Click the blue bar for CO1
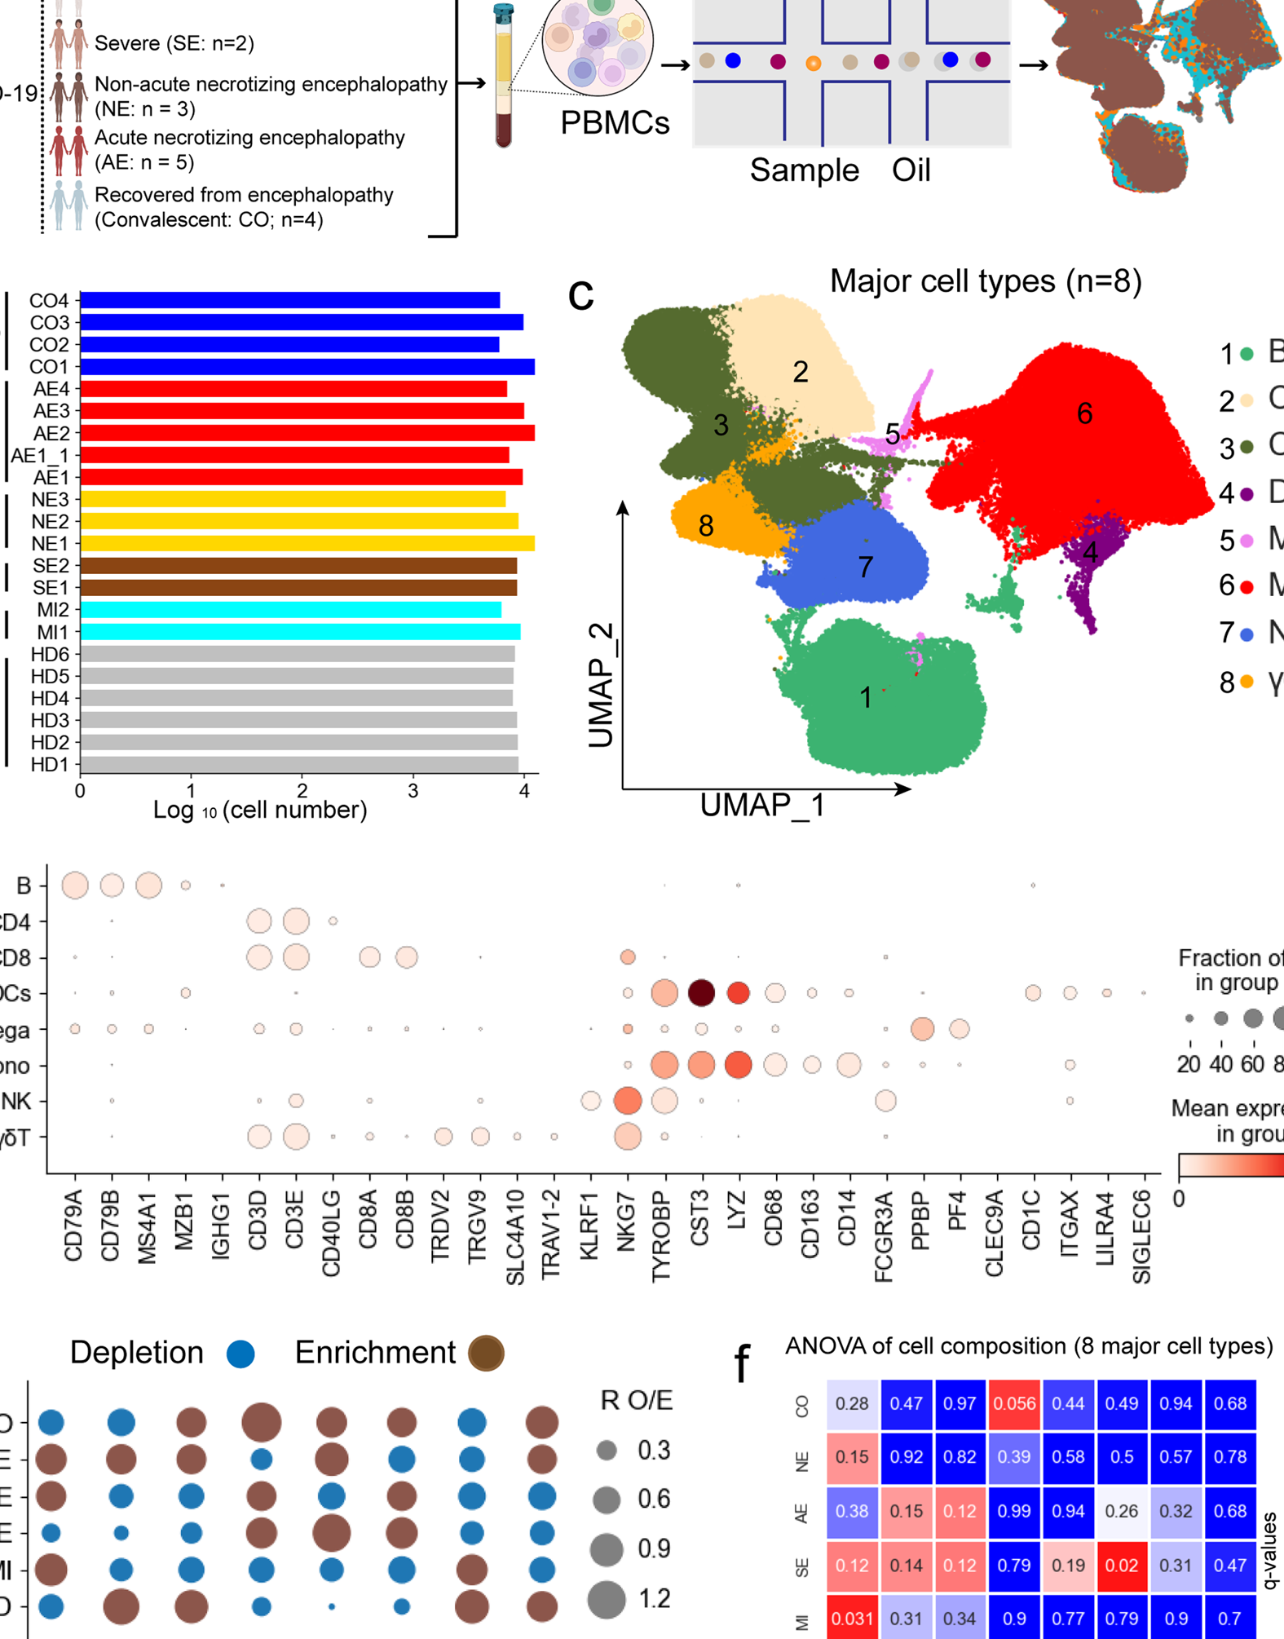click(307, 367)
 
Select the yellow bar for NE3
click(292, 499)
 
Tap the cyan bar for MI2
click(290, 610)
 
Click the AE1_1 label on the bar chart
click(40, 455)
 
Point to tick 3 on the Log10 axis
click(413, 790)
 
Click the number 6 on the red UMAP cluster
click(1084, 414)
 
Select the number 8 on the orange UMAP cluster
click(706, 526)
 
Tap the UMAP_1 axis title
click(762, 806)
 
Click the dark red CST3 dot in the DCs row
click(701, 992)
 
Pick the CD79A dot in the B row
click(75, 885)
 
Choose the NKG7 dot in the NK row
click(627, 1101)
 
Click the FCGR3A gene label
click(885, 1236)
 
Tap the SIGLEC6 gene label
click(1142, 1236)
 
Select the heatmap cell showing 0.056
click(1014, 1404)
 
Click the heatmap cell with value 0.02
click(1122, 1566)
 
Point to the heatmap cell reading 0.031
click(853, 1619)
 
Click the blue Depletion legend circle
click(240, 1354)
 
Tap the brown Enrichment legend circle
click(486, 1354)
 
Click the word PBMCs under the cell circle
click(615, 122)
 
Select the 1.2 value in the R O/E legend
click(654, 1599)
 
